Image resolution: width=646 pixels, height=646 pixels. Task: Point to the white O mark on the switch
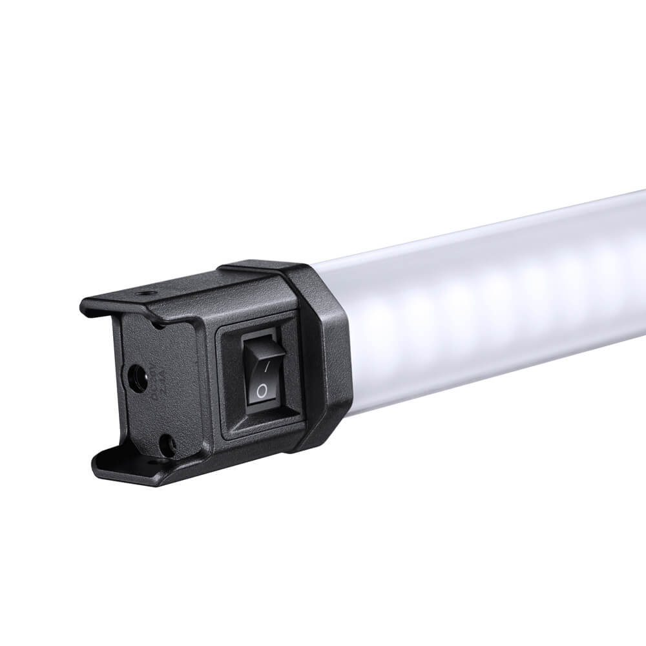click(260, 391)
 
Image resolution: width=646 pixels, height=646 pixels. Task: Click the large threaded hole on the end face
click(136, 379)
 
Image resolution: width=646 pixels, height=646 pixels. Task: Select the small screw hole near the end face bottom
click(166, 444)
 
